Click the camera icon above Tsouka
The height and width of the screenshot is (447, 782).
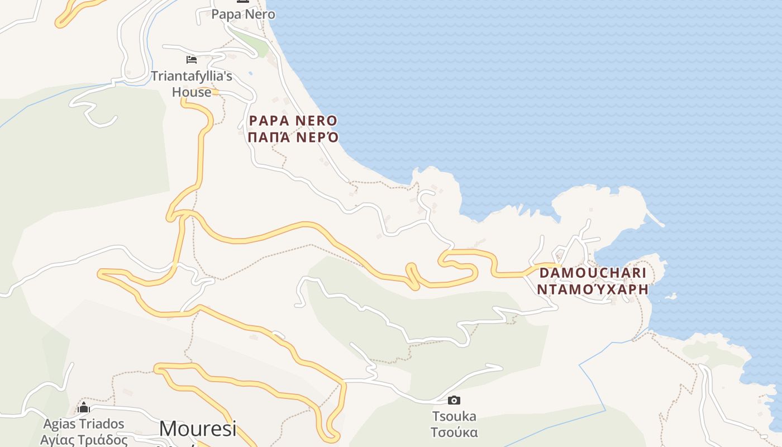pos(454,400)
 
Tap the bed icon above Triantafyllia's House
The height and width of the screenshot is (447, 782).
pos(192,59)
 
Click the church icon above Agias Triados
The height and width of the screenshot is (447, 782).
pos(84,407)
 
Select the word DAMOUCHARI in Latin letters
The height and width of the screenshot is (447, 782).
pos(593,273)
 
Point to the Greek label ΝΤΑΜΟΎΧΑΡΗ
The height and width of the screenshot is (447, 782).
pos(593,289)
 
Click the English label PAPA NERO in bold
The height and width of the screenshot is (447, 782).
pos(293,121)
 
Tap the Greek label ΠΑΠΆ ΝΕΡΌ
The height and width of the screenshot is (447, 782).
pos(293,137)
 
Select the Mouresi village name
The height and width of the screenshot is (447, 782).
pos(198,429)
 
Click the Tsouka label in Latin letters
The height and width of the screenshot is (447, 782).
pos(454,416)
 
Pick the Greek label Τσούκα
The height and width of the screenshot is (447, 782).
pos(454,432)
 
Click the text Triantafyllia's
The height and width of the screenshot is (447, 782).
pos(192,76)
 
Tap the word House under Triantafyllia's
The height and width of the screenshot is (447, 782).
pos(192,92)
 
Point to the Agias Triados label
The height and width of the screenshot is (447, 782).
pos(84,424)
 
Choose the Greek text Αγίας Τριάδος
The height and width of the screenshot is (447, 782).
pos(84,440)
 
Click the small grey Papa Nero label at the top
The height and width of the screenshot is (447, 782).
pos(243,15)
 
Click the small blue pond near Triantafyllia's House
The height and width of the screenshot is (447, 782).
pos(250,73)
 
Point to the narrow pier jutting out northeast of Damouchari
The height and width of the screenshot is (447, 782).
pos(655,218)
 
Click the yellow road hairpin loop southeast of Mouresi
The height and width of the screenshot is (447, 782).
pos(333,436)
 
